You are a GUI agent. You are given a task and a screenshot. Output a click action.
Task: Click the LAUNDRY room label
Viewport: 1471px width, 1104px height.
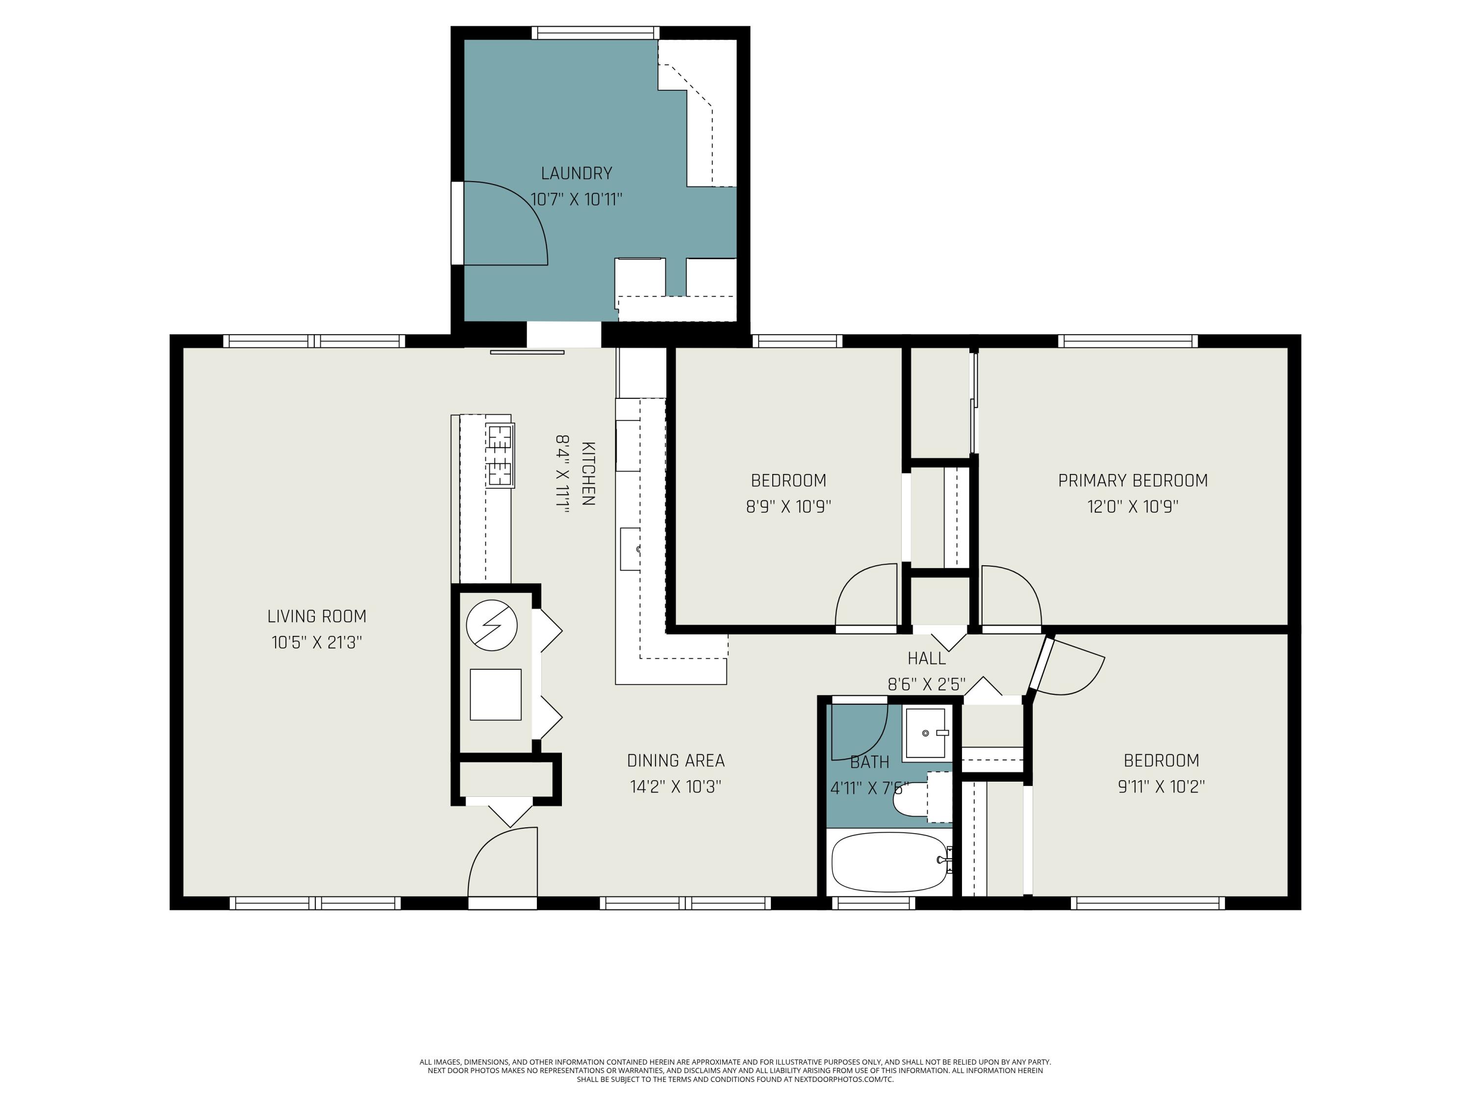click(x=576, y=174)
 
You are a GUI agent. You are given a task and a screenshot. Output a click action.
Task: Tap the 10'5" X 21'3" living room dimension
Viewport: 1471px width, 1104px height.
click(x=317, y=643)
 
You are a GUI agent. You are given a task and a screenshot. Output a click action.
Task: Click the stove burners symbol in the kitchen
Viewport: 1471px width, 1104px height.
click(x=500, y=455)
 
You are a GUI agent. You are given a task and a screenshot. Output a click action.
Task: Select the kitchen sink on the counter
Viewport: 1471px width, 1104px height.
click(x=631, y=549)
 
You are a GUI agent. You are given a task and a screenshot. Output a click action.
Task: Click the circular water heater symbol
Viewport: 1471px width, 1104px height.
click(x=491, y=626)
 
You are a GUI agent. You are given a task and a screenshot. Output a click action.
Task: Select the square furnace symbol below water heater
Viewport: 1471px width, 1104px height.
click(x=495, y=694)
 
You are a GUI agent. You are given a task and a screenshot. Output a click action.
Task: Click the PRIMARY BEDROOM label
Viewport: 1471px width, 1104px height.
click(x=1133, y=480)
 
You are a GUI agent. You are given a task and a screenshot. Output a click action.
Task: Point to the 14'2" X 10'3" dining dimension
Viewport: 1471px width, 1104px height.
click(x=675, y=787)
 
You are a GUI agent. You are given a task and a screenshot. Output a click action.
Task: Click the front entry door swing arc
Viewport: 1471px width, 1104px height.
click(x=502, y=862)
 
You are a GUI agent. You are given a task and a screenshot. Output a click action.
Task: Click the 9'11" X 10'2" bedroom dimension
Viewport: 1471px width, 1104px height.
click(x=1161, y=787)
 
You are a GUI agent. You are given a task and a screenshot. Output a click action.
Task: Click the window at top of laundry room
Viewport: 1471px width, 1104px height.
click(x=596, y=32)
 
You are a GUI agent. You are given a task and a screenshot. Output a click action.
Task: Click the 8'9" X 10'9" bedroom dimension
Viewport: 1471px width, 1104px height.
click(x=788, y=506)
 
